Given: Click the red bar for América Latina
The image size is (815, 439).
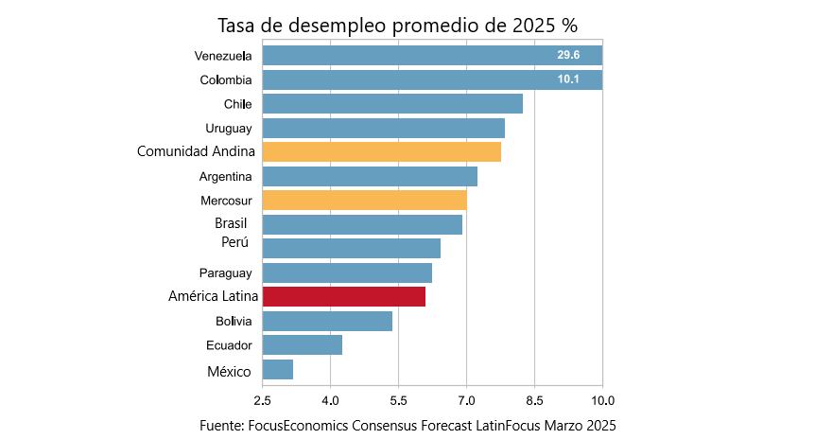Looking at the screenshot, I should (x=343, y=297).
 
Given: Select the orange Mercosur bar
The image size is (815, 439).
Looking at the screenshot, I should (x=364, y=201).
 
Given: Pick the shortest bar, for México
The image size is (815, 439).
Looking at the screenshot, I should (x=277, y=370).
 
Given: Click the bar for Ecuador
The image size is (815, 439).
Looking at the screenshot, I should (x=302, y=345).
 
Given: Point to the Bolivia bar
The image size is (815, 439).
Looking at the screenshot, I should (x=327, y=322).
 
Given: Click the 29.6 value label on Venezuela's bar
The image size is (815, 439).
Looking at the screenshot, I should (x=568, y=56).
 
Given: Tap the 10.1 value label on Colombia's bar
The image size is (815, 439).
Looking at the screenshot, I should (x=568, y=79).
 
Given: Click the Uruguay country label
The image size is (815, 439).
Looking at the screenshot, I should (x=228, y=128).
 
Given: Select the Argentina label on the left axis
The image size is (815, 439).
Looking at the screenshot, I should (x=225, y=177).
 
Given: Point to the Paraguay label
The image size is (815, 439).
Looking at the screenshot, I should (x=226, y=273).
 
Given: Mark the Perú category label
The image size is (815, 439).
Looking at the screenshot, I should (x=234, y=243).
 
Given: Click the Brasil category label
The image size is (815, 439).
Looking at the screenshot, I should (x=231, y=224).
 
